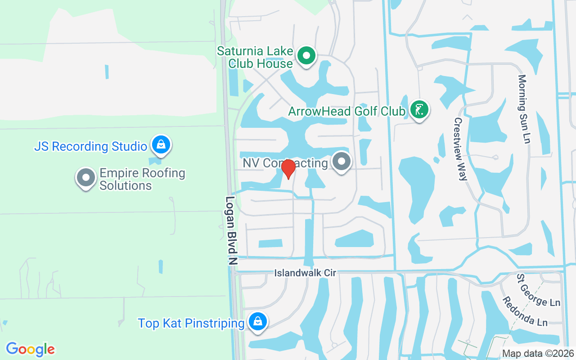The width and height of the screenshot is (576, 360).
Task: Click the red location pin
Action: point(288,169)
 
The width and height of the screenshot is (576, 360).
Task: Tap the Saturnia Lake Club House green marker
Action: point(307,56)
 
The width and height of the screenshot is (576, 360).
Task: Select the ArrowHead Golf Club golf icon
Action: point(419,109)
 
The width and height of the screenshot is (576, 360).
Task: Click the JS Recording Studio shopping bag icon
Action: point(160,145)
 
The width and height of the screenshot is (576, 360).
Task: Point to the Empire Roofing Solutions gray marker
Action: point(85,178)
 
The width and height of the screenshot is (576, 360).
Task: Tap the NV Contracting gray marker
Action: point(342,161)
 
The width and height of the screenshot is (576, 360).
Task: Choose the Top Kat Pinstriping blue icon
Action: point(257,322)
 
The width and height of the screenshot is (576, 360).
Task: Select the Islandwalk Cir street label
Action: point(306,273)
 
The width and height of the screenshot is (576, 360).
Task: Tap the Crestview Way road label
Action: point(460,149)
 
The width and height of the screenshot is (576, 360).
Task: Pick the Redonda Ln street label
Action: point(525,311)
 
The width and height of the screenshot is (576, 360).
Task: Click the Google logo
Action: point(31,349)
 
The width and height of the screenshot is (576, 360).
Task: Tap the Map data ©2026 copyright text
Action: point(538,353)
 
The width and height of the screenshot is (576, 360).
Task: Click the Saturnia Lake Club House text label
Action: point(255,57)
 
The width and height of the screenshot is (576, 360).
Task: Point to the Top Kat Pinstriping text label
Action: point(191,323)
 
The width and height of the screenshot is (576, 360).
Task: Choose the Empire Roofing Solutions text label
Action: point(142,179)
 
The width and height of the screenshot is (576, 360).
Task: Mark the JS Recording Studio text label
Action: point(91,146)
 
